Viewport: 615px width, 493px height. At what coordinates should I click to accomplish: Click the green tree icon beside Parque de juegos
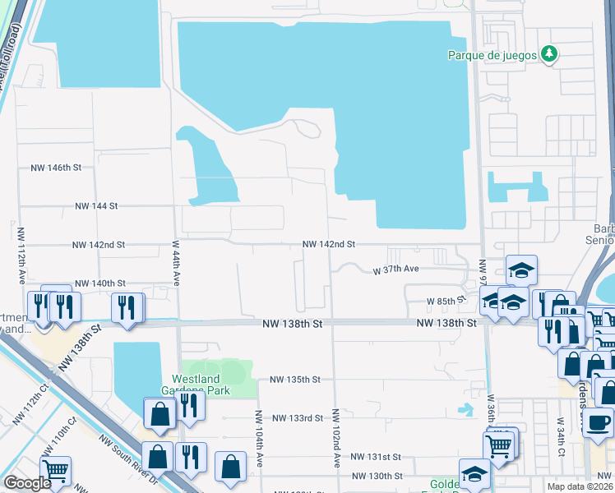click(550, 55)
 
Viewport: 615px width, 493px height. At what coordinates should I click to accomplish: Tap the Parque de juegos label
click(492, 55)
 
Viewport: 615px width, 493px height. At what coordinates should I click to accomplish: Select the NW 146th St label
click(56, 168)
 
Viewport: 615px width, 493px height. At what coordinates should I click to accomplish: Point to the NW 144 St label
click(97, 206)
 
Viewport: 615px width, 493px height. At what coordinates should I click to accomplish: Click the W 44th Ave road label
click(176, 262)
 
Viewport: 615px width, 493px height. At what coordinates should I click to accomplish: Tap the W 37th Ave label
click(396, 270)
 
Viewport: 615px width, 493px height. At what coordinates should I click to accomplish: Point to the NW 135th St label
click(294, 380)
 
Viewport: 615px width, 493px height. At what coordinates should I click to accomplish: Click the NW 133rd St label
click(298, 418)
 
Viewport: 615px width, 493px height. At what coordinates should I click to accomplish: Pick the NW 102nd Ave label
click(337, 438)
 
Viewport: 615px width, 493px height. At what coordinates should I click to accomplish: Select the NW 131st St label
click(375, 457)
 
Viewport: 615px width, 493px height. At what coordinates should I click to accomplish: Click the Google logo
click(26, 483)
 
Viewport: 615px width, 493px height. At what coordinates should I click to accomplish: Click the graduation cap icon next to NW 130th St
click(474, 474)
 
